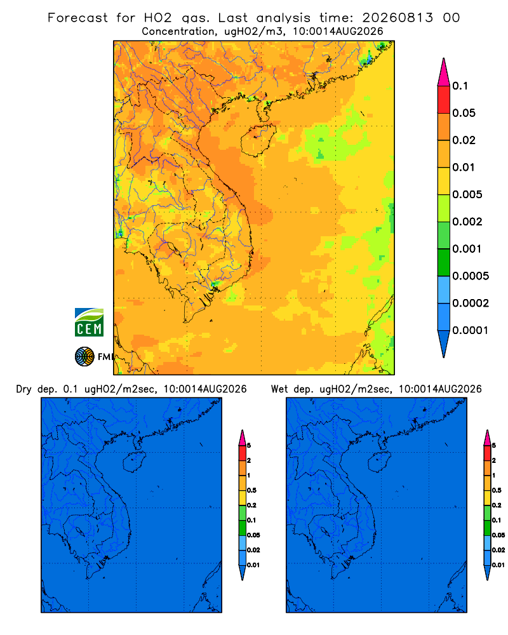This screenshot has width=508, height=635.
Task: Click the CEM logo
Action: (89, 322)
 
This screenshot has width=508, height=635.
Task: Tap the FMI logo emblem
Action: (84, 357)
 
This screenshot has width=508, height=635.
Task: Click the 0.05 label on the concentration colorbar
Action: (464, 113)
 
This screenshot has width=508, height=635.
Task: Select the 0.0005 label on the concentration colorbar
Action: (471, 276)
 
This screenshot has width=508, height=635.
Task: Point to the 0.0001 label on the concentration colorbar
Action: (471, 330)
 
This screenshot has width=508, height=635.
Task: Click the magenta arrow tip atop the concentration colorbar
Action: (444, 72)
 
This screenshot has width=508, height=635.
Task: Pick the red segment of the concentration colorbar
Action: (444, 100)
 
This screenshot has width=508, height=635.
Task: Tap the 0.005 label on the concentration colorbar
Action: (467, 195)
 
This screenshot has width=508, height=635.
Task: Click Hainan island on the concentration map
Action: (258, 140)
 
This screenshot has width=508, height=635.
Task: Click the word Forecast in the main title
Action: (77, 18)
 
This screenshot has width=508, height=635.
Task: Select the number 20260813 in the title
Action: (398, 18)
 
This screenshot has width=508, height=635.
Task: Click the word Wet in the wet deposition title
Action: (279, 389)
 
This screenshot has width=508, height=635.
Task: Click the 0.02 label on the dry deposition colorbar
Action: (253, 550)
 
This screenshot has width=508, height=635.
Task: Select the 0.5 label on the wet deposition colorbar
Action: (497, 490)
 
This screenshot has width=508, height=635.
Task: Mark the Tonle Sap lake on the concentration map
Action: (171, 247)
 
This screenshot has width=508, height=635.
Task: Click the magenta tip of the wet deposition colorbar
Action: (487, 438)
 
